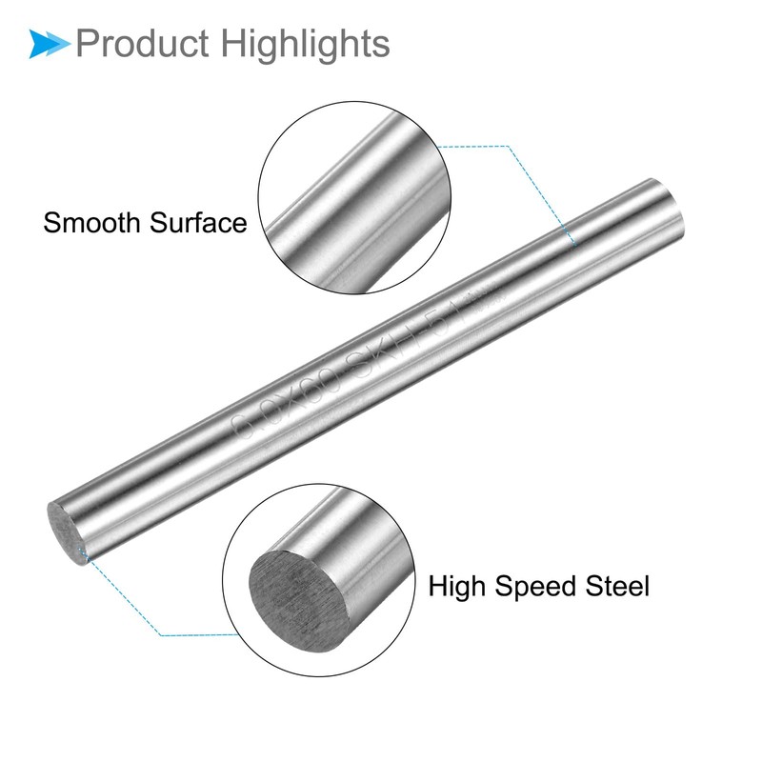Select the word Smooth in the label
pos(93,223)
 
